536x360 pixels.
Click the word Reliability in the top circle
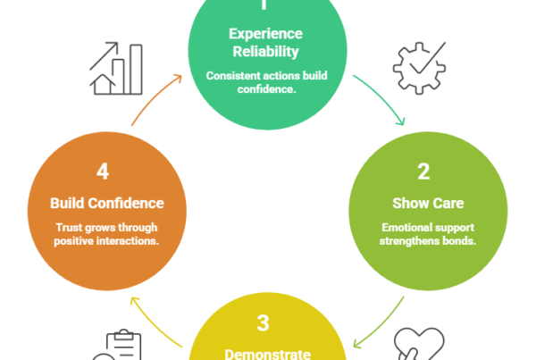point(265,50)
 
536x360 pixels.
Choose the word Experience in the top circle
point(265,34)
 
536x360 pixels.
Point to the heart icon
point(417,344)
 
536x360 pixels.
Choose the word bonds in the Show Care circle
point(450,242)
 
